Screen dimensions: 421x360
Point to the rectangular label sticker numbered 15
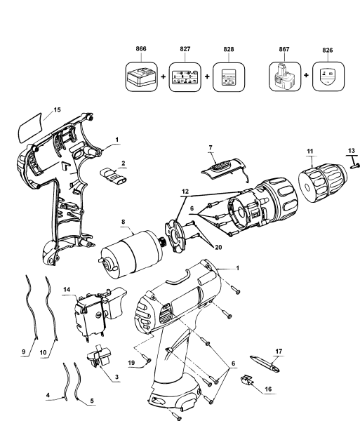30,129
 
